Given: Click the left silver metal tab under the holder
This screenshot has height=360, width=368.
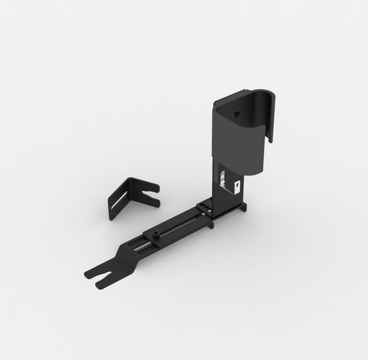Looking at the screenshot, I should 223,178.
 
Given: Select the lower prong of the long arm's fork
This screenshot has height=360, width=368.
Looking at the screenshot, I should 107,281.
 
